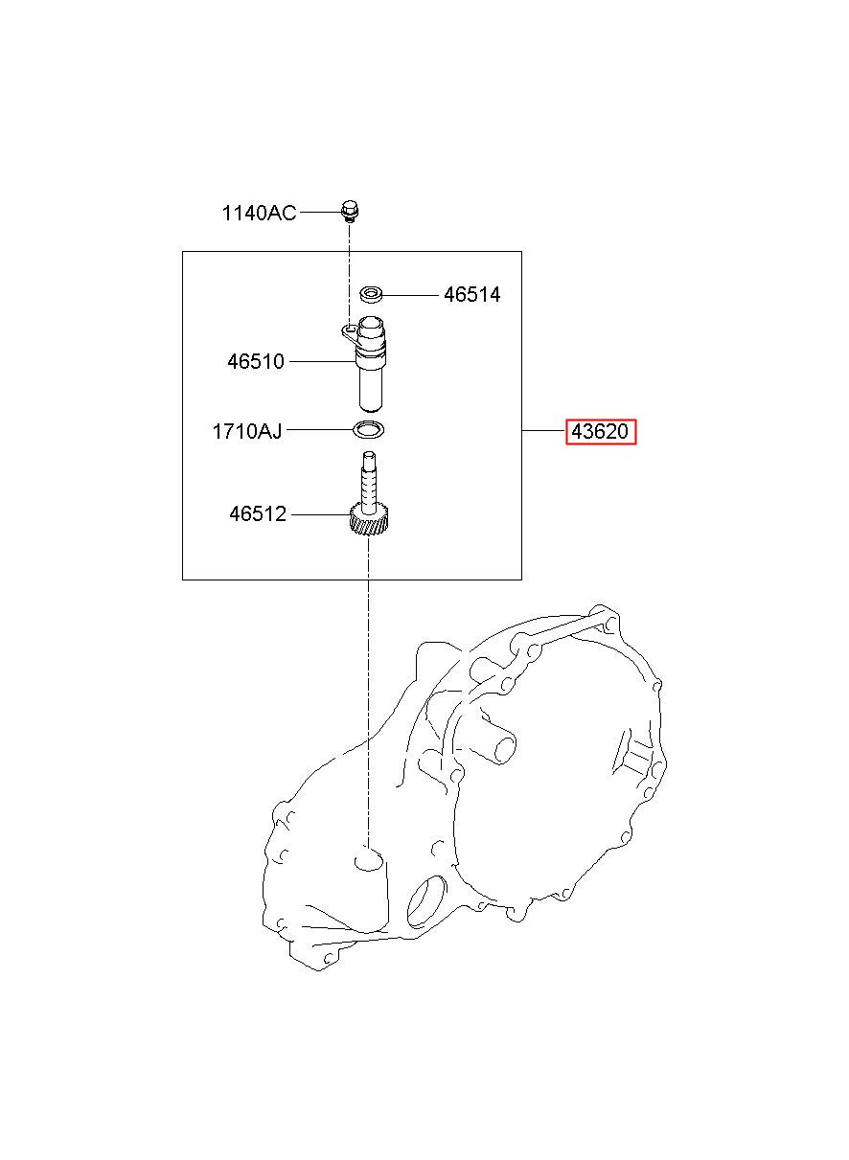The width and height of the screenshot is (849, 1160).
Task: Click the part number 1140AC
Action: [x=259, y=213]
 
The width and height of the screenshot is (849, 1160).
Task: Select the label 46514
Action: [x=471, y=295]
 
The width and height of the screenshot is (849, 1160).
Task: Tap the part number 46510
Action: [x=256, y=361]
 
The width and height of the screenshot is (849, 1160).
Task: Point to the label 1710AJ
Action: [x=247, y=431]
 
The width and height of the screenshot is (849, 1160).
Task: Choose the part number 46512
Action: [x=258, y=513]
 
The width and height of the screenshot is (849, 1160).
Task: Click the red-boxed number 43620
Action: [x=601, y=431]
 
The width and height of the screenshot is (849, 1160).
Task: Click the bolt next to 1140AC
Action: [x=351, y=213]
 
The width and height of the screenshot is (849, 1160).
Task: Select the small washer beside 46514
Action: [x=372, y=295]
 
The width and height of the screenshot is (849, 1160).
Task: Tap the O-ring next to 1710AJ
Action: [x=368, y=429]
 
